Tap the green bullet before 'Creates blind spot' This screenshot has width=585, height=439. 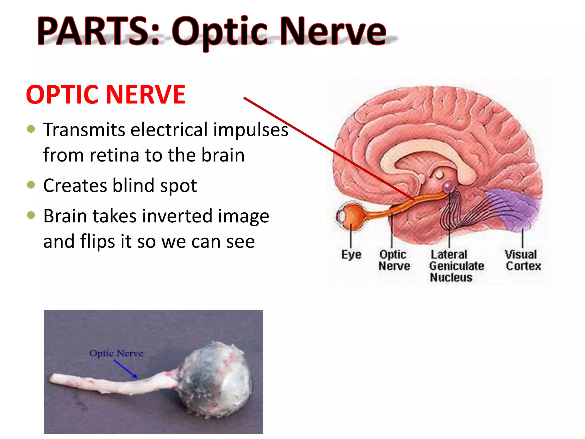(31, 185)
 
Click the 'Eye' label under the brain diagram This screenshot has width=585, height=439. (351, 254)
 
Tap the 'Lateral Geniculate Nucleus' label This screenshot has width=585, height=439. (456, 266)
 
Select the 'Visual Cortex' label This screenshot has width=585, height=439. (523, 260)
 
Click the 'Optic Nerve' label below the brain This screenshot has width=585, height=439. (394, 260)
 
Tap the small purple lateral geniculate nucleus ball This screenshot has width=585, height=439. (448, 187)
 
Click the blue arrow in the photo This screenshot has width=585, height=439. (126, 369)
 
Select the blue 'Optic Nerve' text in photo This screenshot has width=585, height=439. (116, 353)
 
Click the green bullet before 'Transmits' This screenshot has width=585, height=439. (31, 129)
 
